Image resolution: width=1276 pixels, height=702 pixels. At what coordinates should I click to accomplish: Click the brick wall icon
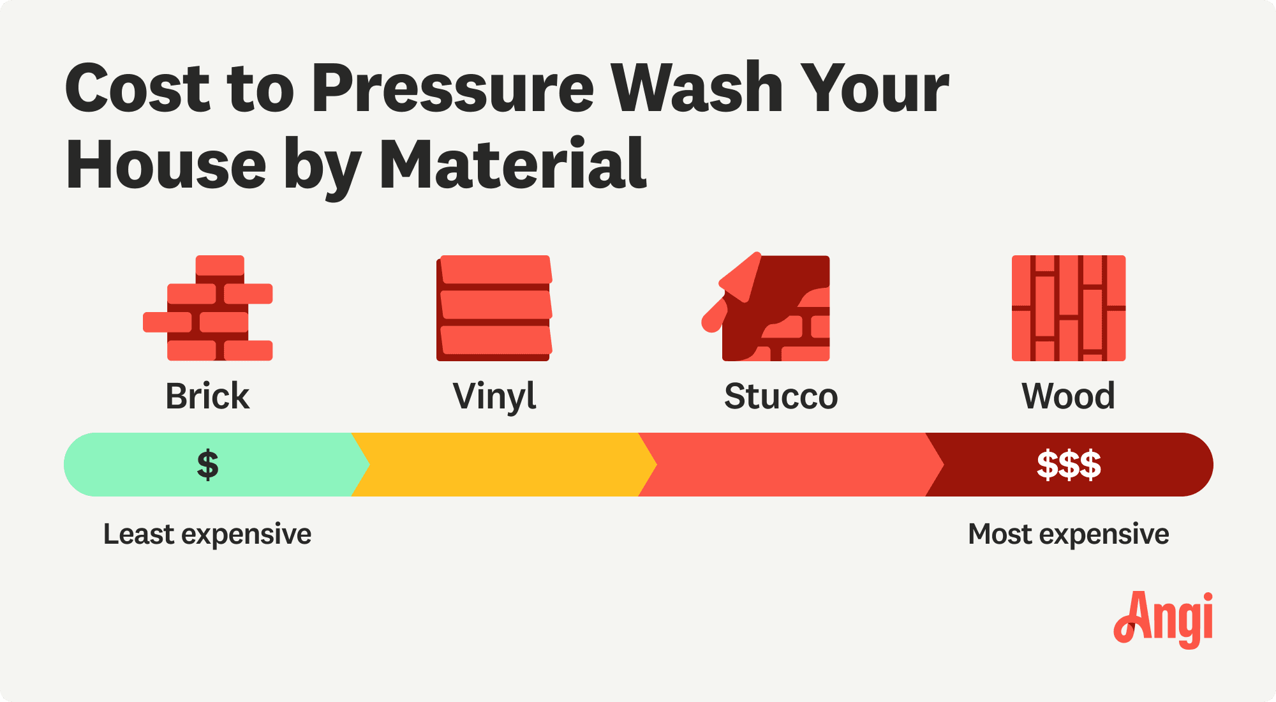(208, 308)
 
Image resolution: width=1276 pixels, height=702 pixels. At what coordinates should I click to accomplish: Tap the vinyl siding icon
(494, 308)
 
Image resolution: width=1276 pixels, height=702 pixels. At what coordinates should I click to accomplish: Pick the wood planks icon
(1069, 308)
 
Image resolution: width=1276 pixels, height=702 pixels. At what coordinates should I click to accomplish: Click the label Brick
(207, 396)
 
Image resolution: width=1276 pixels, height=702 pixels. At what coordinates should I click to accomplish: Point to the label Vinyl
(494, 397)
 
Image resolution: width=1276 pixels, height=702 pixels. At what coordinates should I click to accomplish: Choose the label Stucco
(781, 396)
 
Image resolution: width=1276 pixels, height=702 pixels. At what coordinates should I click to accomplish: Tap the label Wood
(1069, 396)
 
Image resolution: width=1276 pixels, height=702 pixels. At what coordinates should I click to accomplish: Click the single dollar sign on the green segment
(208, 465)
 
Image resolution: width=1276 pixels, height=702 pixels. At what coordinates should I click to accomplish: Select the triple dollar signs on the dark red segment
(1069, 465)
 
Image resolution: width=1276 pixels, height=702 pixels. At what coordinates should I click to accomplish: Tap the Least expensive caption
(207, 534)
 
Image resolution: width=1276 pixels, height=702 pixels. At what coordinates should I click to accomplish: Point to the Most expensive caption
(1069, 534)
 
